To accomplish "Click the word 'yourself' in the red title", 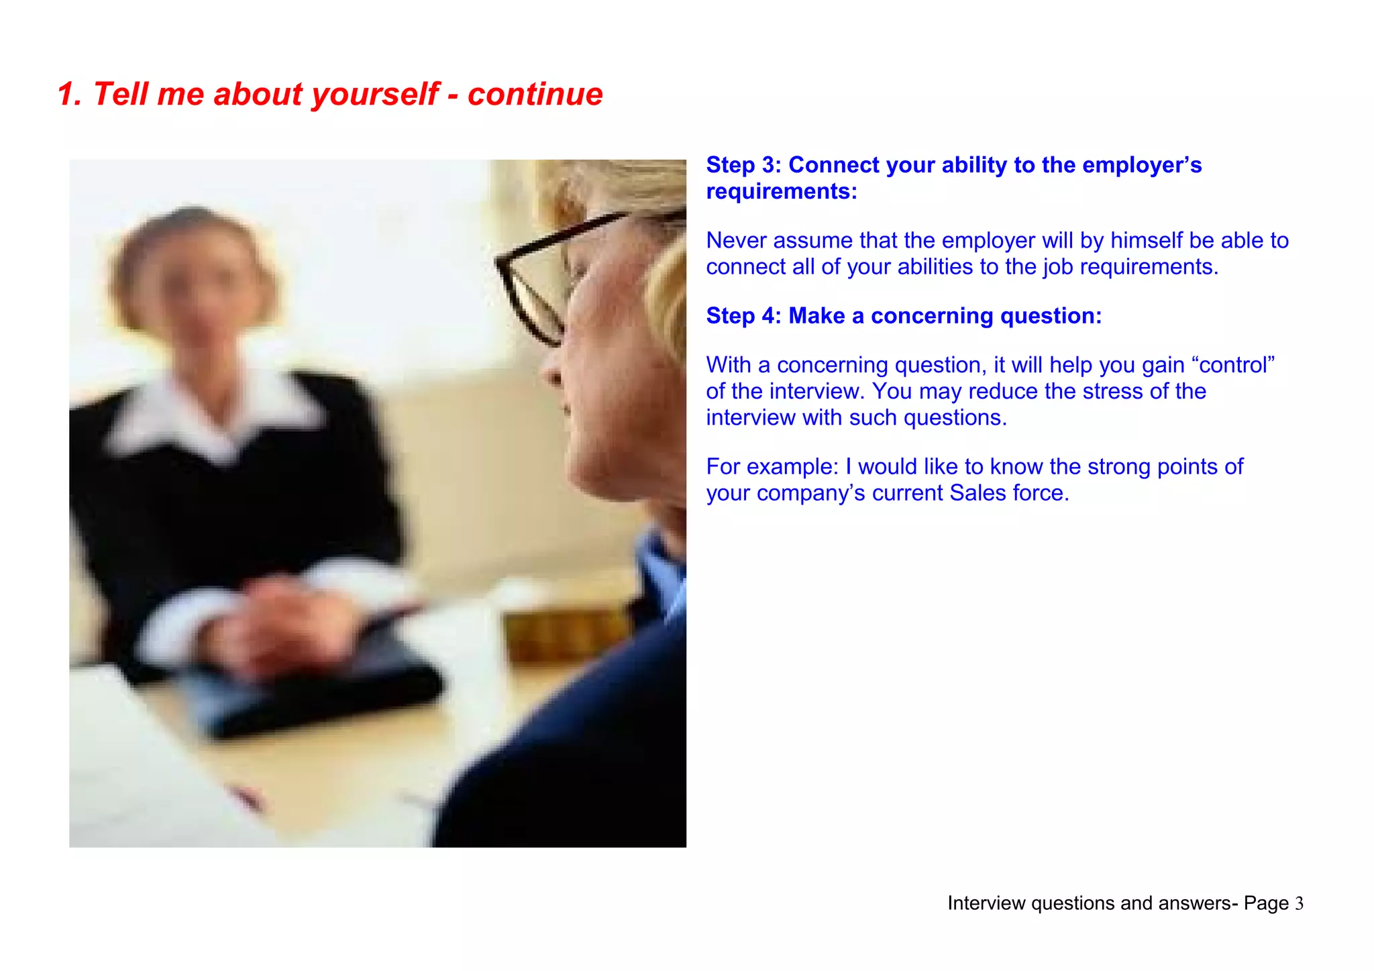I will [375, 95].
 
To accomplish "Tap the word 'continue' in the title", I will [535, 95].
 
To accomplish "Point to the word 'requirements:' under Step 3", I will [782, 192].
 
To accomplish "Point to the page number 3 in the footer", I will [1299, 904].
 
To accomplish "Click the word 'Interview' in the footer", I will [986, 904].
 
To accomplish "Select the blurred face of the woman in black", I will [195, 282].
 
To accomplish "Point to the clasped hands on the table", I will [282, 617].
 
